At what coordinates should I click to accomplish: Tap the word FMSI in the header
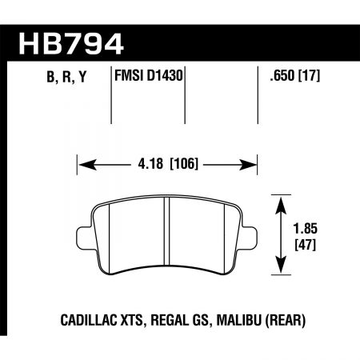click(130, 78)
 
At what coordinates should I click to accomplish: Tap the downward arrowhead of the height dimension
click(280, 269)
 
